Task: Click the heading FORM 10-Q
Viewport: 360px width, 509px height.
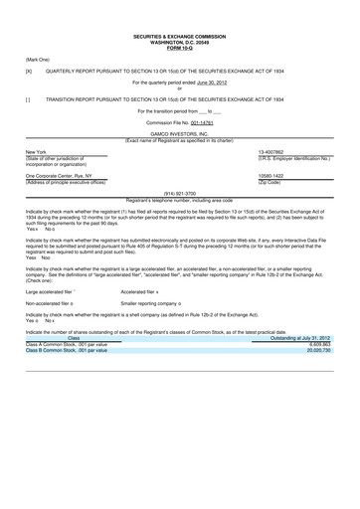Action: (179, 21)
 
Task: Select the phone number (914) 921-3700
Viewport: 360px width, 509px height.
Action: (179, 192)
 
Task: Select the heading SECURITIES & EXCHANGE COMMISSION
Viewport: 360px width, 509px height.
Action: (179, 9)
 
